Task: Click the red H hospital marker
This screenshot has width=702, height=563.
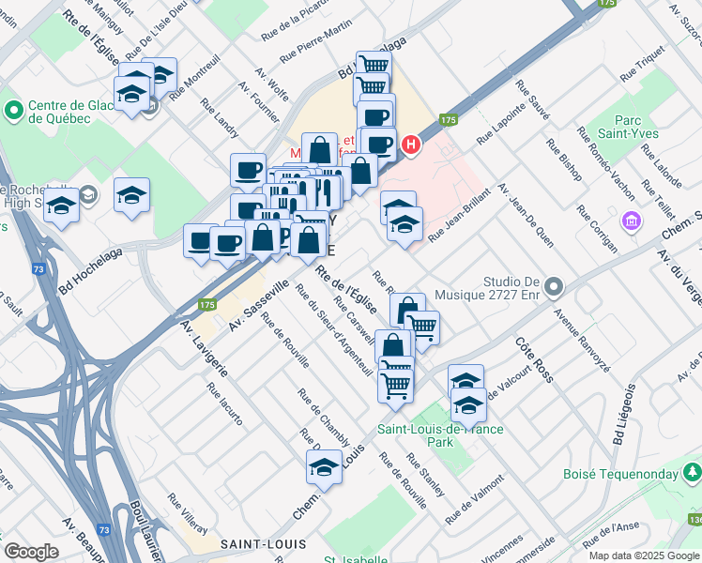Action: [x=410, y=145]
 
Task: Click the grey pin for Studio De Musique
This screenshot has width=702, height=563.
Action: [x=554, y=286]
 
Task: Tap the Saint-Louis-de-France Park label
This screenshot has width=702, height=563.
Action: [x=440, y=434]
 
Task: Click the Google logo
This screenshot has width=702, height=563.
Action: [x=31, y=552]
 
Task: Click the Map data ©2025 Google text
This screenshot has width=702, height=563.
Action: [x=643, y=555]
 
